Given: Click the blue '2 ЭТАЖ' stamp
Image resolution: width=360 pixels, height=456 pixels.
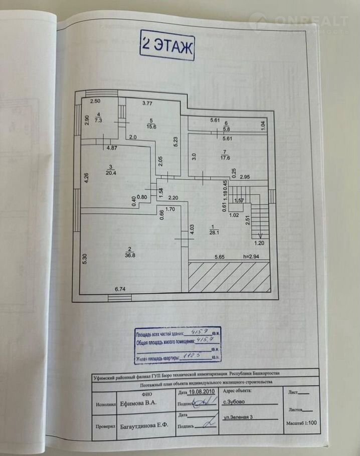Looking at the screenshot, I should (167, 47).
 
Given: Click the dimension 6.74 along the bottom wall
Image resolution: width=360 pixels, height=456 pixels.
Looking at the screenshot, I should (120, 289).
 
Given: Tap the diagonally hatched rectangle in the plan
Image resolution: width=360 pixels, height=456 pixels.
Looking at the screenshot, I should (229, 276).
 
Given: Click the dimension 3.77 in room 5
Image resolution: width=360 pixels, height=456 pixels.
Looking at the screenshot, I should (147, 104).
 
